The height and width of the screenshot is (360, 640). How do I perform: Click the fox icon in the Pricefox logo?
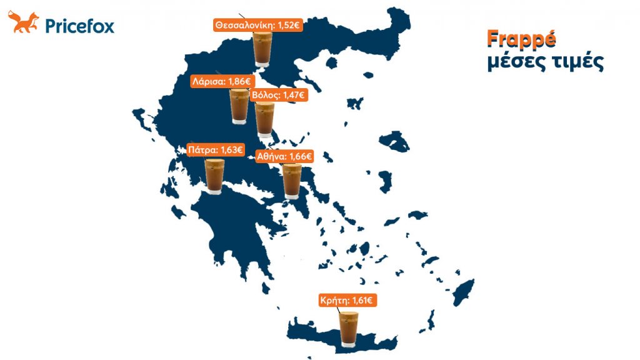pyautogui.click(x=23, y=22)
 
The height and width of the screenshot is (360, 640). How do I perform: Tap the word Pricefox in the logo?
pyautogui.click(x=79, y=26)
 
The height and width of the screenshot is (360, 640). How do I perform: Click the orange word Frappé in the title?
pyautogui.click(x=521, y=39)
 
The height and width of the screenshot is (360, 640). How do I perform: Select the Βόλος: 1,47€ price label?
pyautogui.click(x=277, y=95)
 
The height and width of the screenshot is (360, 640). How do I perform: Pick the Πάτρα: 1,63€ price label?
pyautogui.click(x=216, y=150)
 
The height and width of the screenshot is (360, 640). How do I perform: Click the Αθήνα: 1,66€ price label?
pyautogui.click(x=284, y=156)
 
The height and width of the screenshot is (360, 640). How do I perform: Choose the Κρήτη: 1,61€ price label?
pyautogui.click(x=347, y=301)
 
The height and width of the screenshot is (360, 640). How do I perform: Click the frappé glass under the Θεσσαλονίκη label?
pyautogui.click(x=261, y=49)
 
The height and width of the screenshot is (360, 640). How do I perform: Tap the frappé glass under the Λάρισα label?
pyautogui.click(x=239, y=106)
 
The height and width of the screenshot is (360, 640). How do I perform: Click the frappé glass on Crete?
pyautogui.click(x=347, y=328)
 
